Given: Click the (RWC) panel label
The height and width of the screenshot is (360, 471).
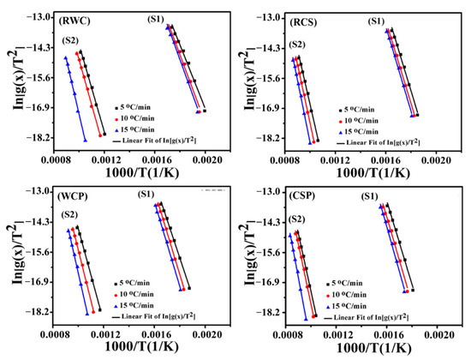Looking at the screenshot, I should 75,18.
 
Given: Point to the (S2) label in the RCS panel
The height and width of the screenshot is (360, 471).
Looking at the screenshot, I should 296,45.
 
